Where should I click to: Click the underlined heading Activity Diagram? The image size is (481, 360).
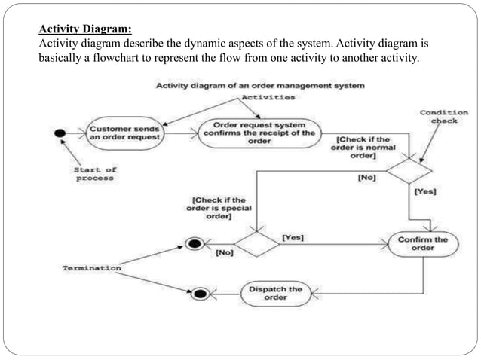coord(85,30)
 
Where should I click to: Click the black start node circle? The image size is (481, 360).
coord(59,133)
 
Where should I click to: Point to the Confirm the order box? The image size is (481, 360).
coord(422,244)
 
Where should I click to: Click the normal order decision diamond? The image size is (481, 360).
coord(409,171)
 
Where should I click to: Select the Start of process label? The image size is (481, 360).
coord(94,174)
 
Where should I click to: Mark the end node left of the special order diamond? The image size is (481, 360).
coord(193,245)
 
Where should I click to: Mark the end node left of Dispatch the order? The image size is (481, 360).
coord(201,293)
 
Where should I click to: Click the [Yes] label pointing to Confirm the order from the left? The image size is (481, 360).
coord(293,237)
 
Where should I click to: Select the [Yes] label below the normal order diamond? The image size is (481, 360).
coord(425,193)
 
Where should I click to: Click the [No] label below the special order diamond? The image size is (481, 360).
coord(224,253)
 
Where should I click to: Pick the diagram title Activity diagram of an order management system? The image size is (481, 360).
coord(260,86)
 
